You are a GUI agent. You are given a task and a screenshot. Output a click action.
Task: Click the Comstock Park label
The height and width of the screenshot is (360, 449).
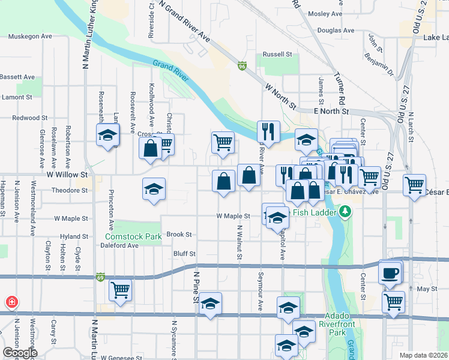click(133, 236)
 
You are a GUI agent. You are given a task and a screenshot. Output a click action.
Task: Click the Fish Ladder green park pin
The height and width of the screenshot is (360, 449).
click(345, 211)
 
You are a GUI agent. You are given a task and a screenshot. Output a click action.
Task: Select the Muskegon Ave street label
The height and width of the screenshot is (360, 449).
click(30, 37)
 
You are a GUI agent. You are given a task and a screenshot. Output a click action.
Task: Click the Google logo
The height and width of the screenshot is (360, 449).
click(20, 352)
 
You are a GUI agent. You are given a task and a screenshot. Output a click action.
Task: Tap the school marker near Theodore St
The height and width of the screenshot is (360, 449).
click(154, 190)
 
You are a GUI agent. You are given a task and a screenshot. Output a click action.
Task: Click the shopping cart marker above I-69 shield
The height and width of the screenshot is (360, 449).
click(120, 290)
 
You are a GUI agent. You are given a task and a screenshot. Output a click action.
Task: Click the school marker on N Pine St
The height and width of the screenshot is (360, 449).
click(211, 304)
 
